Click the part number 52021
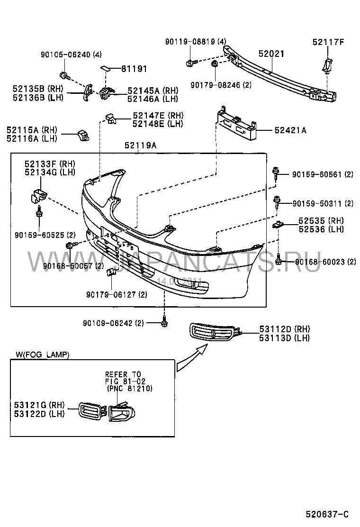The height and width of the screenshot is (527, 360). coord(271,54)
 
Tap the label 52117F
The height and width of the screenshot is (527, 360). coord(328,42)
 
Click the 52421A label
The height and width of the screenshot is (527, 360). coord(290,130)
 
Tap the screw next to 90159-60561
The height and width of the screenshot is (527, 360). coord(276,174)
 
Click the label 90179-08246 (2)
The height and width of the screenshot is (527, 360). coord(221,85)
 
